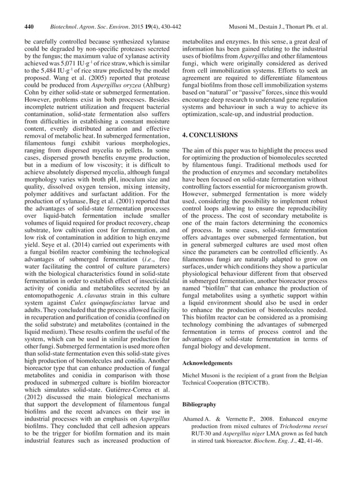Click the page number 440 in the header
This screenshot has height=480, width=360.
[28, 27]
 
